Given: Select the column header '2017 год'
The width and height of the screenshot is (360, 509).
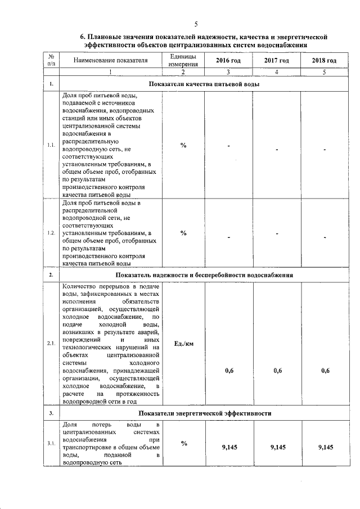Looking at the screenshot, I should [277, 61].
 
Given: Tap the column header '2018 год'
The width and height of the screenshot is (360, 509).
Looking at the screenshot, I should [325, 61].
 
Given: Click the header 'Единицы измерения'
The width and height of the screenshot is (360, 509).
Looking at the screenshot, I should [183, 61].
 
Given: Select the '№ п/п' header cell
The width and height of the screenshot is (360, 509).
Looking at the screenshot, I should [51, 61].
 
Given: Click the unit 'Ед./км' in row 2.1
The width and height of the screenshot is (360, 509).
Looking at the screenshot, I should [183, 344].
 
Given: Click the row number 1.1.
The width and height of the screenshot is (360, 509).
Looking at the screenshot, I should [51, 145].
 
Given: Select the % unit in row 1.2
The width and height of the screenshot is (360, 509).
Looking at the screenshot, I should [183, 233].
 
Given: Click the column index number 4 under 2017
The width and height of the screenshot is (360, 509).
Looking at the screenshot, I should [277, 72].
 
